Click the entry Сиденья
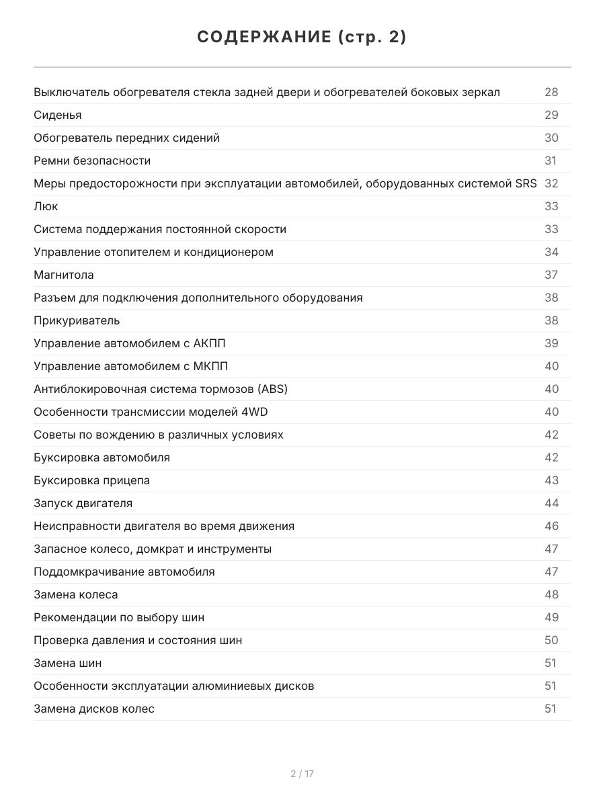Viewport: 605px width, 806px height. (x=58, y=115)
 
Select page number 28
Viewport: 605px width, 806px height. (x=551, y=92)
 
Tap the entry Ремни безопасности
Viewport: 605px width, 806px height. (x=92, y=161)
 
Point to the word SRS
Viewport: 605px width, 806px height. (x=526, y=183)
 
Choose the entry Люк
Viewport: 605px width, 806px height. (x=46, y=206)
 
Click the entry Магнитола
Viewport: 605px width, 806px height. (x=64, y=275)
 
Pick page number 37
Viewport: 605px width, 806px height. (x=551, y=275)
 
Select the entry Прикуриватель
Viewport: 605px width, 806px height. (x=77, y=320)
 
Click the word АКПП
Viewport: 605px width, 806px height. (x=209, y=343)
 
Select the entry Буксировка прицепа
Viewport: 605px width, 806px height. (x=91, y=480)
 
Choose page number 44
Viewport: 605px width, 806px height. (x=551, y=503)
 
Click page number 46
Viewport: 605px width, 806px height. (x=551, y=526)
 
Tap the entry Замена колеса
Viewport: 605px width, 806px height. (x=76, y=594)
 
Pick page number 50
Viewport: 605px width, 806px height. (x=551, y=640)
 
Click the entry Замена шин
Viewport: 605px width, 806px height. (x=68, y=663)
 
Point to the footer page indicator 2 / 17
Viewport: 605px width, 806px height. (x=302, y=774)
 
